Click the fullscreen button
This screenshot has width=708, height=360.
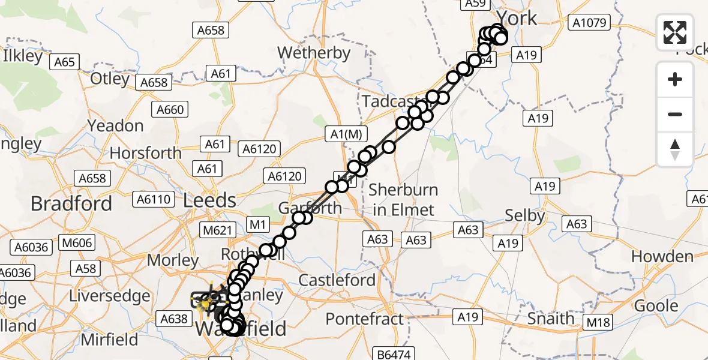[675, 32]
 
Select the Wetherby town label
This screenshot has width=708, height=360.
[314, 53]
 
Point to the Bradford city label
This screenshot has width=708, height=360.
[71, 203]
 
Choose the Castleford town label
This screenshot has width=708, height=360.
[337, 280]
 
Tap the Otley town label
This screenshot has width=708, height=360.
[110, 79]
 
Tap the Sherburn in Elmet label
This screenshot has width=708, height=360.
[403, 199]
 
